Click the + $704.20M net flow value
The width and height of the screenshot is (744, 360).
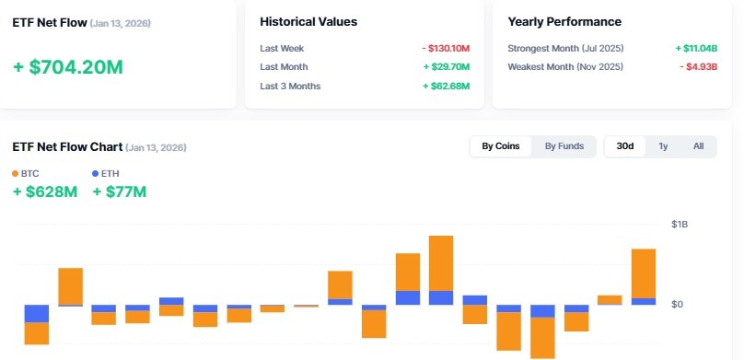coord(68,66)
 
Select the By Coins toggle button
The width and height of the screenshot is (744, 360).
coord(501,146)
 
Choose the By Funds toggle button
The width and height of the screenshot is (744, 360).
coord(564,146)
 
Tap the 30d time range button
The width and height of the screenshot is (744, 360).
coord(624,146)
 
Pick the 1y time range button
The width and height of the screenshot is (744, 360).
coord(663,146)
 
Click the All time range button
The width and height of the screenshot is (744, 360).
coord(698,146)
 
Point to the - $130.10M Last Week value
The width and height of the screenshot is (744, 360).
coord(446,48)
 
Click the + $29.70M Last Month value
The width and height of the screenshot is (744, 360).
coord(447,67)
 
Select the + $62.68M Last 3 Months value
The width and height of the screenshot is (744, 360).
coord(447,87)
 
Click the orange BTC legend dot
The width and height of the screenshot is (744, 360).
coord(16,173)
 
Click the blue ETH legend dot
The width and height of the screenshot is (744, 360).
coord(96,173)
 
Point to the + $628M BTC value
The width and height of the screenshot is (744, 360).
coord(44,192)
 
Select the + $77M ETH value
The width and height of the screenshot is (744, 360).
coord(119,192)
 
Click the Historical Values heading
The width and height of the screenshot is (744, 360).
coord(308,21)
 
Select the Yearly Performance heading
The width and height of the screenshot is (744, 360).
coord(564,21)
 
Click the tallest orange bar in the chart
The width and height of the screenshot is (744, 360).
coord(441,263)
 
